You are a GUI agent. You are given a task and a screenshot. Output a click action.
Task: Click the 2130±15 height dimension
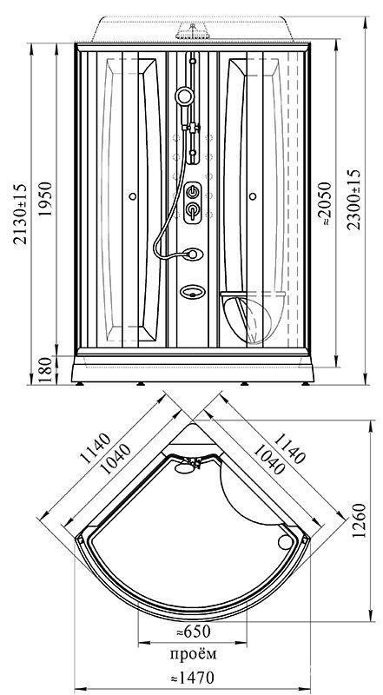20,214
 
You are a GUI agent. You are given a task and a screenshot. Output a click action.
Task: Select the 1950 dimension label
46,198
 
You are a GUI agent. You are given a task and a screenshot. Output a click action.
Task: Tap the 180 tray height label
46,370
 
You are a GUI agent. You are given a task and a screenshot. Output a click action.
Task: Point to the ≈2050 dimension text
326,203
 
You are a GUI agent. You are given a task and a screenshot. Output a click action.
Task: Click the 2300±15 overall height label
353,199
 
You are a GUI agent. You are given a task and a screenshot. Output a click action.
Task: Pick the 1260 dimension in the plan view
359,520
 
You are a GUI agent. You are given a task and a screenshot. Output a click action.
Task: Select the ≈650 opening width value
193,632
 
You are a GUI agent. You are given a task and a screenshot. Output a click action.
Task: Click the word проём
194,654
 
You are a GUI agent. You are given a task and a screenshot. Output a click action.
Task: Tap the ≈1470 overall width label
192,678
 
